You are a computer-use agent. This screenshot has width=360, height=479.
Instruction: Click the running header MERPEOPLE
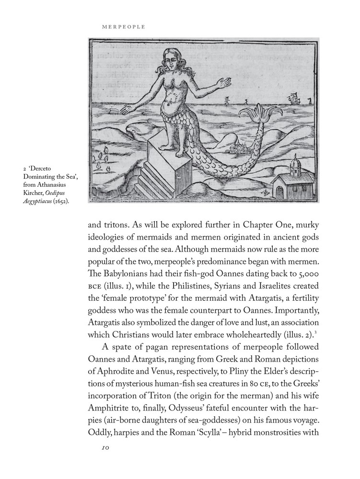pyautogui.click(x=124, y=27)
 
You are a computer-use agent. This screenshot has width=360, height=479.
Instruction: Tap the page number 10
pyautogui.click(x=106, y=448)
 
